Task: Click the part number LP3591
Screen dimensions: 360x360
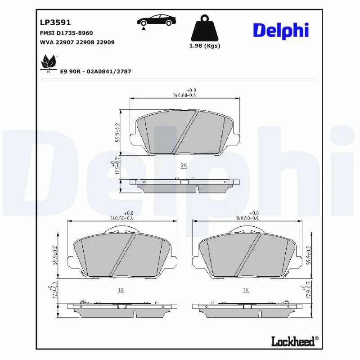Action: point(53,22)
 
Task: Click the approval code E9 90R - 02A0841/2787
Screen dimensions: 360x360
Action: point(95,72)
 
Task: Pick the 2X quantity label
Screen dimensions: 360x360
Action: point(184,165)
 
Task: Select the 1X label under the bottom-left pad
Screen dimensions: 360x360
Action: point(121,290)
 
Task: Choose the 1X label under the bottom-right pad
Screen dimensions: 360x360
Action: point(246,290)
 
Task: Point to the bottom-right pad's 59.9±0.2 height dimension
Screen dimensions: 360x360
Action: point(309,255)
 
